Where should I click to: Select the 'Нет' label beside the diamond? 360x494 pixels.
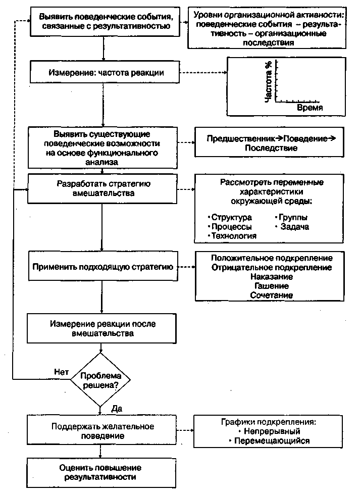tap(61, 371)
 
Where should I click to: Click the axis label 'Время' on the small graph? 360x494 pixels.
tap(310, 108)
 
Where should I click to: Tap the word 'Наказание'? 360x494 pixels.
tap(272, 277)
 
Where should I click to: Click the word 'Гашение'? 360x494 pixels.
tap(272, 286)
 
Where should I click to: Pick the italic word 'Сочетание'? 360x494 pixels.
tap(272, 295)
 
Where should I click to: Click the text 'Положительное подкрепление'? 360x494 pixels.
tap(272, 258)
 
